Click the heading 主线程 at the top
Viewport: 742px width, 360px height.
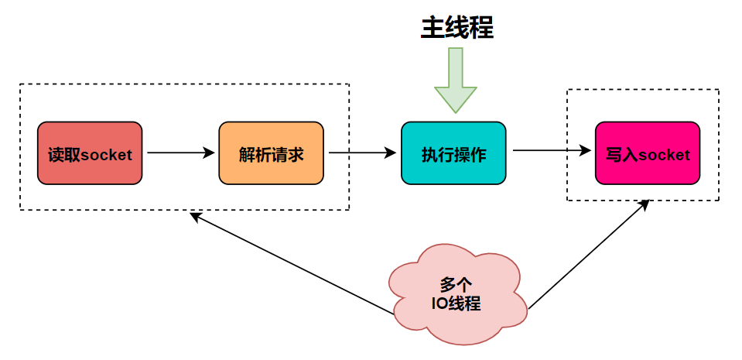click(456, 28)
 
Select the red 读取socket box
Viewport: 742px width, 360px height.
click(90, 153)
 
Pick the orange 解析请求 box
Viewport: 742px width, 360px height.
click(271, 153)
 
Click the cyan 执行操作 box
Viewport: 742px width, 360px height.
click(453, 153)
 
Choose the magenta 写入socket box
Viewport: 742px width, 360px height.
click(648, 153)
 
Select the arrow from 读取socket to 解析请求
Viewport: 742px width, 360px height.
click(180, 153)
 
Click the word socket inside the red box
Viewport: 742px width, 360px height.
click(106, 155)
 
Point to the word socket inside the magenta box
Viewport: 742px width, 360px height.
click(663, 155)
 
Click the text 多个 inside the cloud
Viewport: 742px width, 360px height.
click(456, 283)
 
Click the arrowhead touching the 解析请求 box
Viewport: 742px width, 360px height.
click(210, 153)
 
